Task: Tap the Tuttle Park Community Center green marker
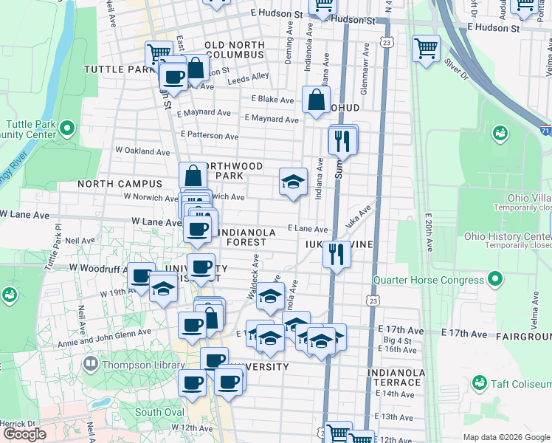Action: tap(66, 129)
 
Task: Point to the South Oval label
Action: tap(159, 412)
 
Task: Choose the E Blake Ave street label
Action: tap(272, 99)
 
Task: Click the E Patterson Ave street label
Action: tap(210, 136)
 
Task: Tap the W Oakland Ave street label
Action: tap(142, 151)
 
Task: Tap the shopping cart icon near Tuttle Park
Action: tap(159, 53)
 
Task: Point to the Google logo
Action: tap(24, 434)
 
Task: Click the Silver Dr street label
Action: tap(456, 66)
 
